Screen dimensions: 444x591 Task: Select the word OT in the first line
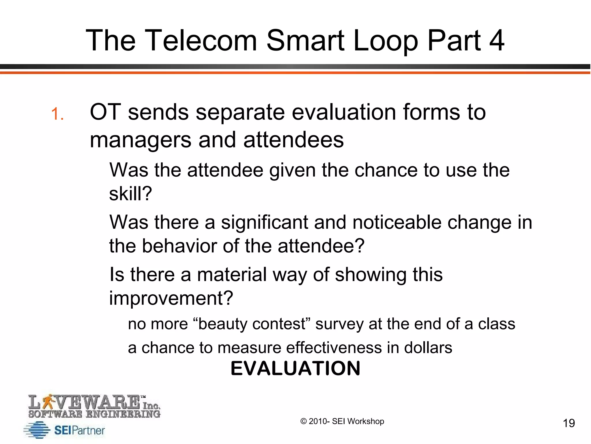(x=105, y=112)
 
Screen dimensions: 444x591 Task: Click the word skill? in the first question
(x=130, y=193)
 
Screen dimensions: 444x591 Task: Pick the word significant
(x=265, y=223)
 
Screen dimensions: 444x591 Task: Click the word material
(x=232, y=275)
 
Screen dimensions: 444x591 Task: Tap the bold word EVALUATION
(x=295, y=369)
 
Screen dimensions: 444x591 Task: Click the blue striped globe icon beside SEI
(x=37, y=430)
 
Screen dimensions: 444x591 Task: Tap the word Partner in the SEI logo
(x=88, y=430)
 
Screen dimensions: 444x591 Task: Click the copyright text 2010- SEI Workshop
(x=342, y=421)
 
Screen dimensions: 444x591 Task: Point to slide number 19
(x=569, y=423)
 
